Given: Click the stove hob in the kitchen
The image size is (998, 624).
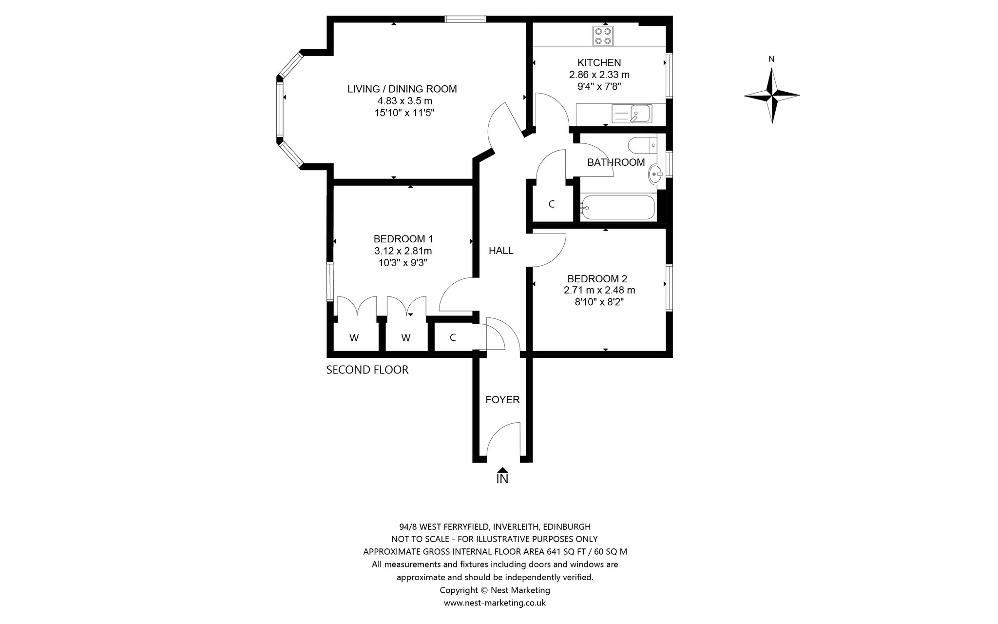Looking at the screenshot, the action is pyautogui.click(x=603, y=36).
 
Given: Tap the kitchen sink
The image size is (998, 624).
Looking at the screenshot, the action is pyautogui.click(x=632, y=114).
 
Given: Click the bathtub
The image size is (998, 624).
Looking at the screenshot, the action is pyautogui.click(x=617, y=208).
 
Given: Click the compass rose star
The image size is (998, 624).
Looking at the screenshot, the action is pyautogui.click(x=772, y=95).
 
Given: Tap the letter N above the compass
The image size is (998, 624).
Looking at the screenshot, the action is pyautogui.click(x=771, y=59).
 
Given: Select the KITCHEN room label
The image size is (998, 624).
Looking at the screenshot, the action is pyautogui.click(x=599, y=63).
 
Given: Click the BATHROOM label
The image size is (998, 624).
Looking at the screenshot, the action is pyautogui.click(x=616, y=162).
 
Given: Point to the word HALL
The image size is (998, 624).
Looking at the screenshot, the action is pyautogui.click(x=501, y=251).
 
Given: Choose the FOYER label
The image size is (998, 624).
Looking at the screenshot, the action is pyautogui.click(x=502, y=400).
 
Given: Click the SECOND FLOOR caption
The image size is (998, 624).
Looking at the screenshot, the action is pyautogui.click(x=367, y=370).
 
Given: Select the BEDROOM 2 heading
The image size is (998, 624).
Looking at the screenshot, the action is pyautogui.click(x=597, y=279).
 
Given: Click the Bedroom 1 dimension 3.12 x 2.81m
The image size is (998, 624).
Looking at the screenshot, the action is pyautogui.click(x=403, y=251).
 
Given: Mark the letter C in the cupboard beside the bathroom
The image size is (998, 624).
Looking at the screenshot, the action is pyautogui.click(x=552, y=204).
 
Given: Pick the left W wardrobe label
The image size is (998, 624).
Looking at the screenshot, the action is pyautogui.click(x=354, y=338).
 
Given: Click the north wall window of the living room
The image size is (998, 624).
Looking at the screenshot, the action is pyautogui.click(x=465, y=19).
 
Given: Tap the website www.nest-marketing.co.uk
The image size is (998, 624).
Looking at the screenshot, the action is pyautogui.click(x=495, y=603).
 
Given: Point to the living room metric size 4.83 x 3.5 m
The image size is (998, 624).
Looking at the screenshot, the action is pyautogui.click(x=405, y=101).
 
